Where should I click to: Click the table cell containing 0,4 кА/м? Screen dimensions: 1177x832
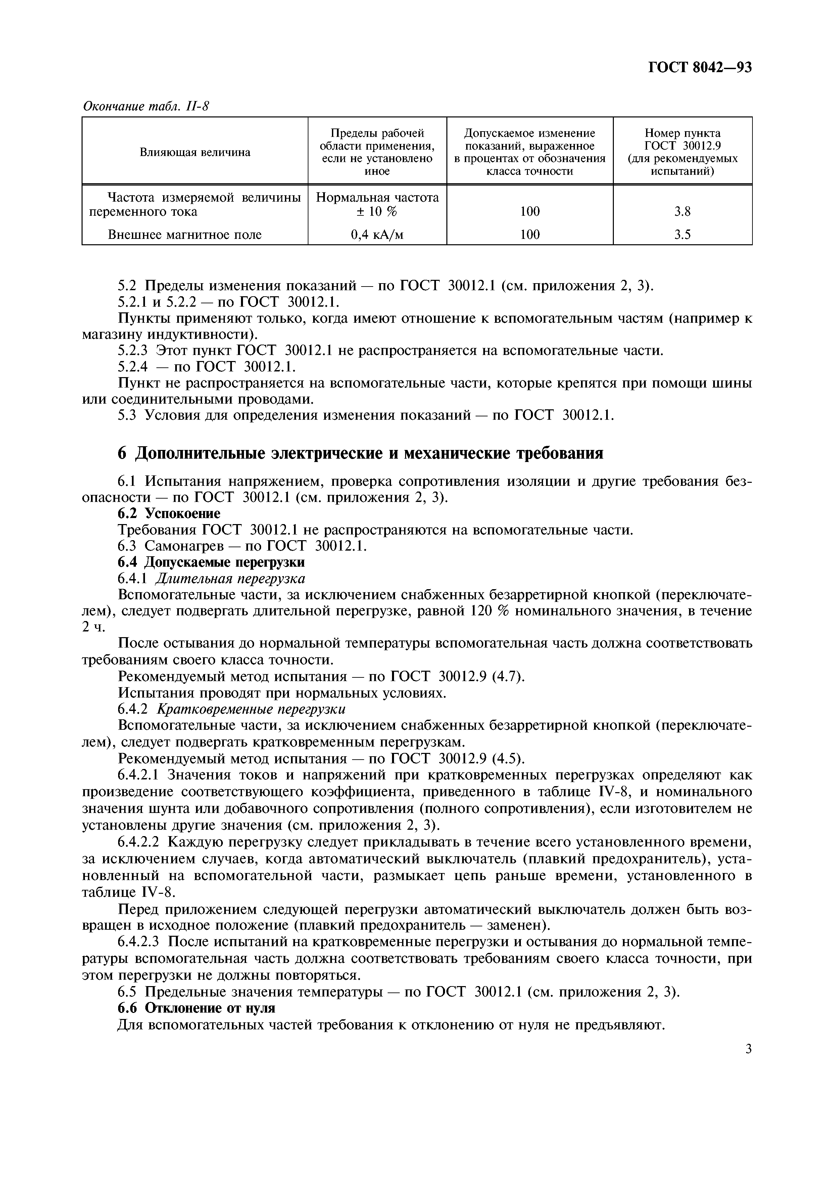coord(377,235)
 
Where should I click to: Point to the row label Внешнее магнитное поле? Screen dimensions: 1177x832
coord(185,235)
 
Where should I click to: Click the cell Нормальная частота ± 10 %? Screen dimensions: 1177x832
coord(377,204)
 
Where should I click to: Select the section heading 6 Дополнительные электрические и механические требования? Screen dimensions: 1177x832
coord(360,453)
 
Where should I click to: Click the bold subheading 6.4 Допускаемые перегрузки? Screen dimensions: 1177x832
coord(211,562)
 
